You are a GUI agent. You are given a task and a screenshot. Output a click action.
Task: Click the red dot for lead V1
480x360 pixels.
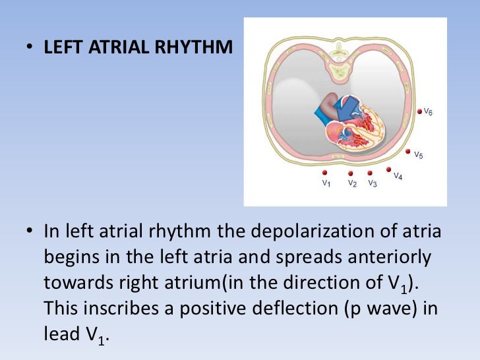(x=325, y=173)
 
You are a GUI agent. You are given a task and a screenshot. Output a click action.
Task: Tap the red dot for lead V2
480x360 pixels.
(x=351, y=173)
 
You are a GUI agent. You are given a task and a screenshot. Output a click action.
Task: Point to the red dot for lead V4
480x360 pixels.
(x=389, y=169)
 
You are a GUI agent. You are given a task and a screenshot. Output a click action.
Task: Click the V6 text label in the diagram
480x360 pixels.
(x=428, y=113)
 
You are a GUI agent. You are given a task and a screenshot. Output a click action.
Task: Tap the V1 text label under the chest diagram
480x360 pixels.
(x=326, y=183)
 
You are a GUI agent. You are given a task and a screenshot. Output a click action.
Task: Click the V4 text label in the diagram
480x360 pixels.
(x=398, y=176)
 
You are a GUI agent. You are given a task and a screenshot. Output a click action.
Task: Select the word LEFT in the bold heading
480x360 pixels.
(x=61, y=48)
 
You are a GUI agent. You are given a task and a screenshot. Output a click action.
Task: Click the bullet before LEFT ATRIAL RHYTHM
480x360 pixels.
(x=31, y=48)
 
